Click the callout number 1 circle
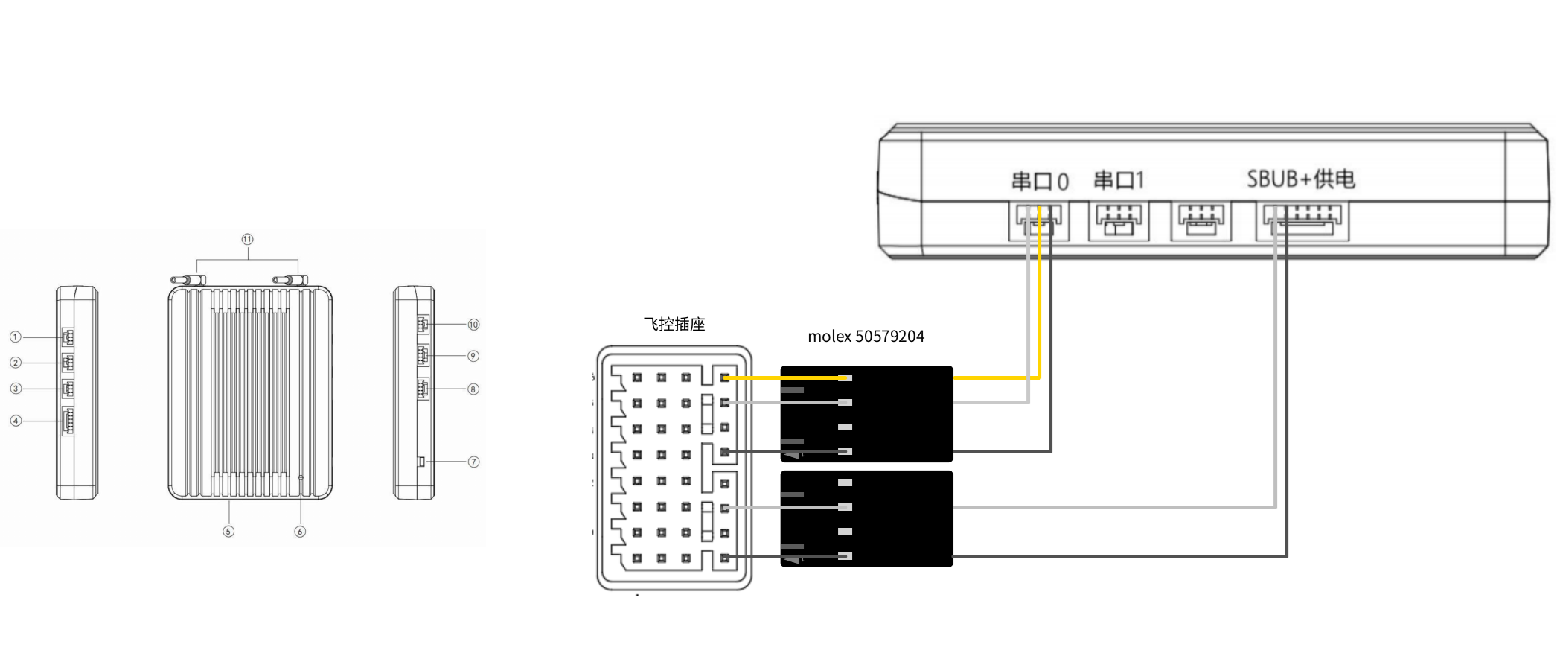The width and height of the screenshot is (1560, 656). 15,337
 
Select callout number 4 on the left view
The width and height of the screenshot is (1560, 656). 15,421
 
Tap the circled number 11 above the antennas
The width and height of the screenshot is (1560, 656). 247,239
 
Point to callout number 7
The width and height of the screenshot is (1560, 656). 473,462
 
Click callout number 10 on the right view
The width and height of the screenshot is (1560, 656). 473,325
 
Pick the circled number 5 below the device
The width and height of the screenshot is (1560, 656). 228,532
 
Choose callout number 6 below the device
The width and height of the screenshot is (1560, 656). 300,532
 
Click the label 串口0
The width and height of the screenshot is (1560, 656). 1039,181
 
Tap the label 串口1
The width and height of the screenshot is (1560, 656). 1118,180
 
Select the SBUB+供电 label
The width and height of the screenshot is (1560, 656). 1301,179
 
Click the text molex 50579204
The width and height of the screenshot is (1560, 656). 866,337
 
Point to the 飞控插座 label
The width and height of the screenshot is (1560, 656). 674,324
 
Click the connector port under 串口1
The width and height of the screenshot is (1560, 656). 1119,221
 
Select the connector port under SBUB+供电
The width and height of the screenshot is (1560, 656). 1302,220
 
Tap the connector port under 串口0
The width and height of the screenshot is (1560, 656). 1039,221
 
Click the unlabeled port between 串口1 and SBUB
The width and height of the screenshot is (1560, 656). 1201,221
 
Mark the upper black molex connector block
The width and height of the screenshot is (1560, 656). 866,414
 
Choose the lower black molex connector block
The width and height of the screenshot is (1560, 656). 866,519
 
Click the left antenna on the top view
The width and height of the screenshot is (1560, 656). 188,280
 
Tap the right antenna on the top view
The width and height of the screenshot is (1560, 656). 290,280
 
